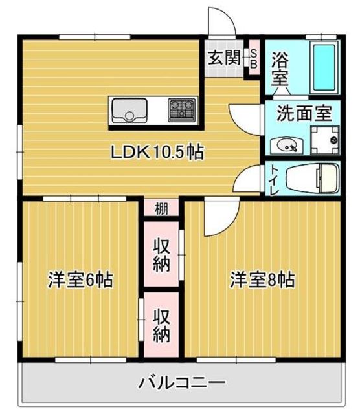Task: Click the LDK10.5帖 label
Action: (157, 153)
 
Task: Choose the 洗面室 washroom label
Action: (304, 113)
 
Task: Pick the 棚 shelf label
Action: (162, 208)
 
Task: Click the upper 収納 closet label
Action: (161, 255)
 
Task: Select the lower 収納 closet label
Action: (161, 325)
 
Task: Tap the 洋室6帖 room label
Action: (81, 280)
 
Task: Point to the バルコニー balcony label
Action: (182, 382)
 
